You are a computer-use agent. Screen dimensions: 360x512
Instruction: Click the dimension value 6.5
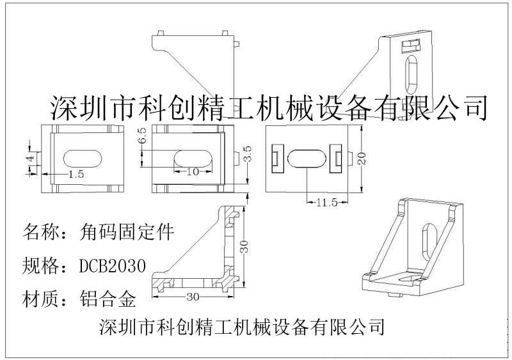[x=142, y=135]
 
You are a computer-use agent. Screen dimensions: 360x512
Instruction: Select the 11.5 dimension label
[x=326, y=203]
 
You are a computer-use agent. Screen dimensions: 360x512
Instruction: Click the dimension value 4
[x=28, y=157]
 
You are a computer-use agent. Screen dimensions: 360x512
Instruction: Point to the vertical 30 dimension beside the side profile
[x=243, y=247]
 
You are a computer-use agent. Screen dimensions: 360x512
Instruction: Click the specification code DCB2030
[x=113, y=265]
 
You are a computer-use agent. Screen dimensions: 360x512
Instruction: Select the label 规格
[x=40, y=265]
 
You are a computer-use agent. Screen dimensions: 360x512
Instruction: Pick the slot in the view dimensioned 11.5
[x=308, y=159]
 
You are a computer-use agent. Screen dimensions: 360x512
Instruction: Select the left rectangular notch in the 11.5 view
[x=276, y=157]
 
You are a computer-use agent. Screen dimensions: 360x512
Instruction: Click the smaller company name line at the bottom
[x=243, y=327]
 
